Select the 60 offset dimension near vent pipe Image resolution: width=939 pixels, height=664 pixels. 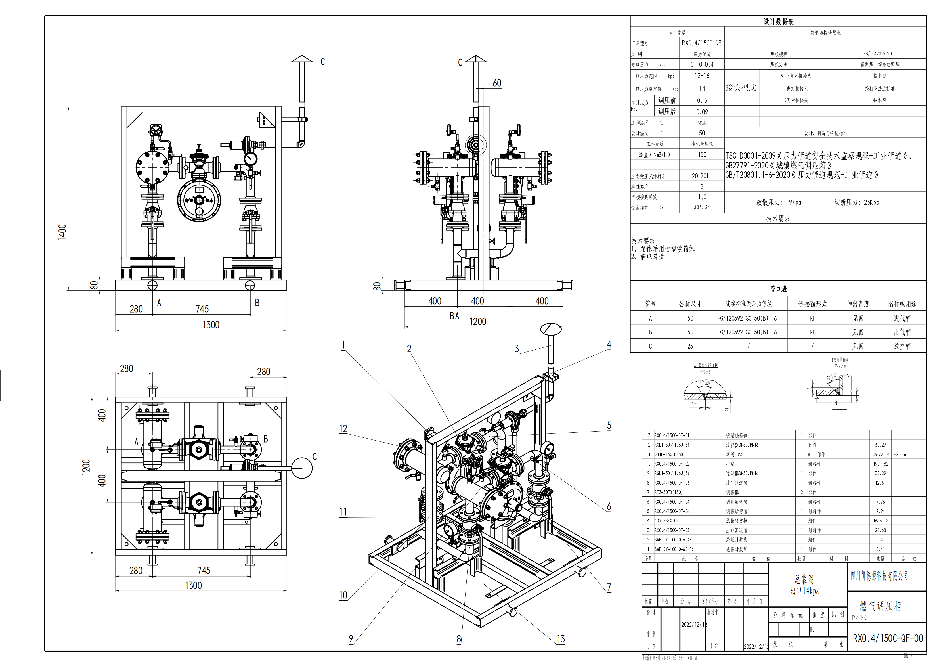click(x=496, y=83)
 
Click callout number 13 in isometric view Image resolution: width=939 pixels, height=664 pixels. click(x=561, y=639)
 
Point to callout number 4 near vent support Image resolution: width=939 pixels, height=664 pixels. click(x=609, y=344)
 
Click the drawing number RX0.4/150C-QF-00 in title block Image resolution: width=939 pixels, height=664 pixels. click(x=887, y=638)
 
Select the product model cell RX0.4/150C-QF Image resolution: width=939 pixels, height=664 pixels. click(x=701, y=43)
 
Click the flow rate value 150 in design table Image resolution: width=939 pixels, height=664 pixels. click(x=702, y=155)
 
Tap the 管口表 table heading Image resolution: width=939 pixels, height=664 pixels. click(x=778, y=289)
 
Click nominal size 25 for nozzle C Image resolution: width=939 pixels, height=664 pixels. click(x=690, y=346)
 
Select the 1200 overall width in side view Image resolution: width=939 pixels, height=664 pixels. click(x=478, y=322)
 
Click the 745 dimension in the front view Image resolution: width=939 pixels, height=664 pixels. click(x=202, y=309)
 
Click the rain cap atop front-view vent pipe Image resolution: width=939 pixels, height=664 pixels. click(x=302, y=59)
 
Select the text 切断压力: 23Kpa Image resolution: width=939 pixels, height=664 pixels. click(x=856, y=202)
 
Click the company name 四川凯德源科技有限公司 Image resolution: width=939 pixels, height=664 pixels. click(x=879, y=576)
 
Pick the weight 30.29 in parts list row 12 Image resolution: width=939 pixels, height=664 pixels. click(x=880, y=445)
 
